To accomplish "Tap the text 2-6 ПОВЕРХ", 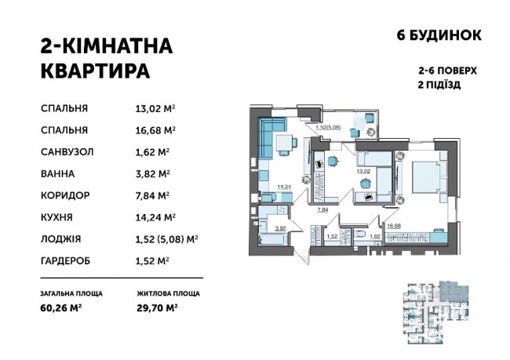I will [449, 69].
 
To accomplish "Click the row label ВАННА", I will [57, 173].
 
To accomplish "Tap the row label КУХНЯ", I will [56, 216].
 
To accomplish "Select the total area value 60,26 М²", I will [64, 308].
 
